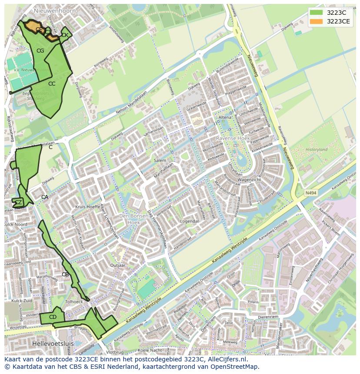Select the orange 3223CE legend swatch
tap(317, 21)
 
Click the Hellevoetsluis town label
tap(53, 343)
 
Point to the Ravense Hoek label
tap(233, 138)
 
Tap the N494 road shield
tap(310, 193)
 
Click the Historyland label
tap(316, 149)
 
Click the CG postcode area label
tap(40, 51)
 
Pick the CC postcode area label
tap(52, 83)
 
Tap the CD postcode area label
tap(53, 317)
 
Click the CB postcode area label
tap(65, 274)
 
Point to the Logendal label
tap(189, 221)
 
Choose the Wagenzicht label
tap(249, 179)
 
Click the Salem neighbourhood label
tap(160, 160)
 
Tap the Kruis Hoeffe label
tap(87, 207)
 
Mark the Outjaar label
tap(118, 265)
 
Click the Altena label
tap(225, 118)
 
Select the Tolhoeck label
tap(73, 301)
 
